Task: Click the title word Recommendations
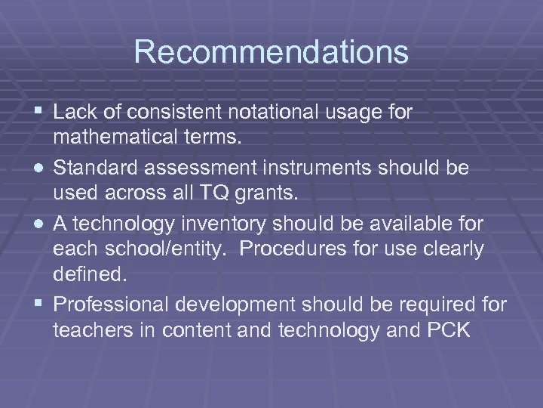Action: (x=271, y=52)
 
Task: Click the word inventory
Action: (x=238, y=222)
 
